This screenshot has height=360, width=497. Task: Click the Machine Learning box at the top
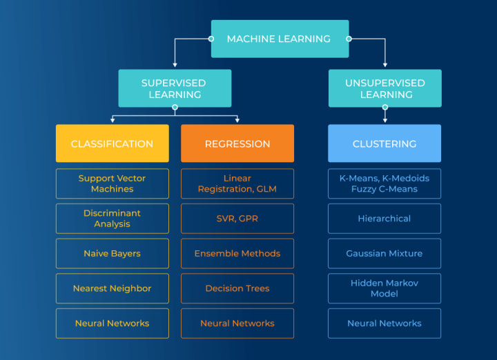tap(280, 39)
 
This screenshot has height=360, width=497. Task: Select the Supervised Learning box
tap(175, 88)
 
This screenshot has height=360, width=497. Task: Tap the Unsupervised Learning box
tap(384, 88)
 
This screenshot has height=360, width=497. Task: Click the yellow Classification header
tap(112, 143)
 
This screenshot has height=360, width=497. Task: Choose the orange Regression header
tap(237, 143)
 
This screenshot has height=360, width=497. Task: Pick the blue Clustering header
tap(384, 143)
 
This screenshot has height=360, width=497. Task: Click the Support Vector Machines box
tap(112, 183)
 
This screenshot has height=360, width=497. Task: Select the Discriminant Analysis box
tap(112, 219)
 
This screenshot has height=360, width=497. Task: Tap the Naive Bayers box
tap(112, 254)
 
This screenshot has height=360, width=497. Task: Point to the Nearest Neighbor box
tap(112, 288)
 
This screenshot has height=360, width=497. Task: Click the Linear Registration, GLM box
tap(237, 183)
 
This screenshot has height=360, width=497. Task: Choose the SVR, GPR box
tap(237, 219)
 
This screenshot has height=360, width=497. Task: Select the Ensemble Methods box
tap(237, 254)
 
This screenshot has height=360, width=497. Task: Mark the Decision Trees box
tap(237, 288)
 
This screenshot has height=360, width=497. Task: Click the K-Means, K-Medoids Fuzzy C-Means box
tap(384, 183)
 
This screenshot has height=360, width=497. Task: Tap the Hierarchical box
tap(384, 219)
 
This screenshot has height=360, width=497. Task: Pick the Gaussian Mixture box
tap(384, 254)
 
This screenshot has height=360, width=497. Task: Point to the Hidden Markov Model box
tap(384, 288)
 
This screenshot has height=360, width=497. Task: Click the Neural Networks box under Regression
tap(237, 323)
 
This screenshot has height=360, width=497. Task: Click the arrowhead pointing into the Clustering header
tap(384, 121)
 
